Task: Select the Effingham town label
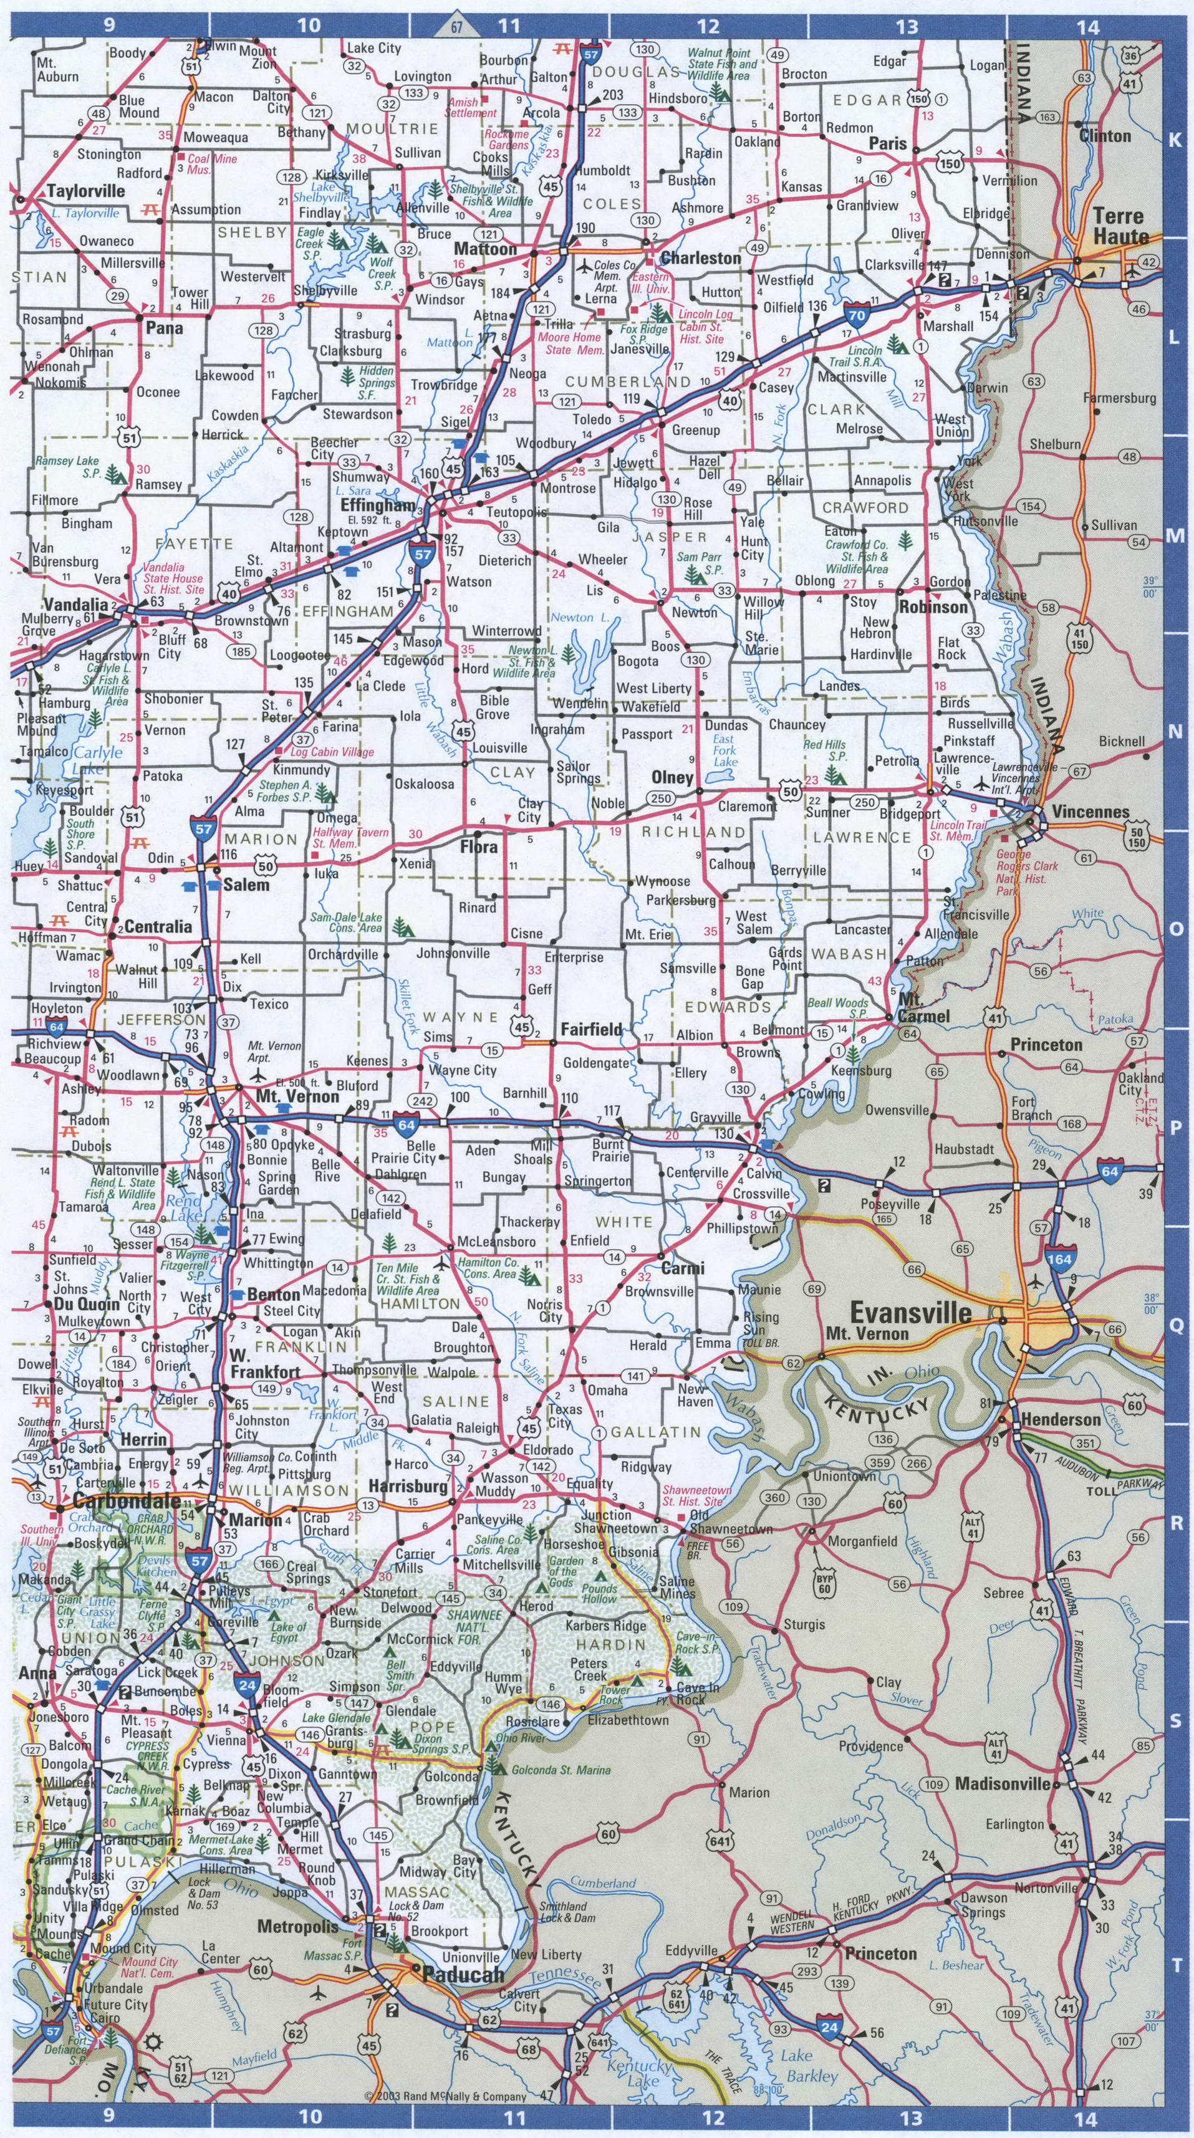coord(377,505)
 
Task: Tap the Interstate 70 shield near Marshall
coord(858,313)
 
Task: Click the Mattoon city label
coord(485,249)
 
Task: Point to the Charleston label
coord(701,258)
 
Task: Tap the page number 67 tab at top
coord(456,27)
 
